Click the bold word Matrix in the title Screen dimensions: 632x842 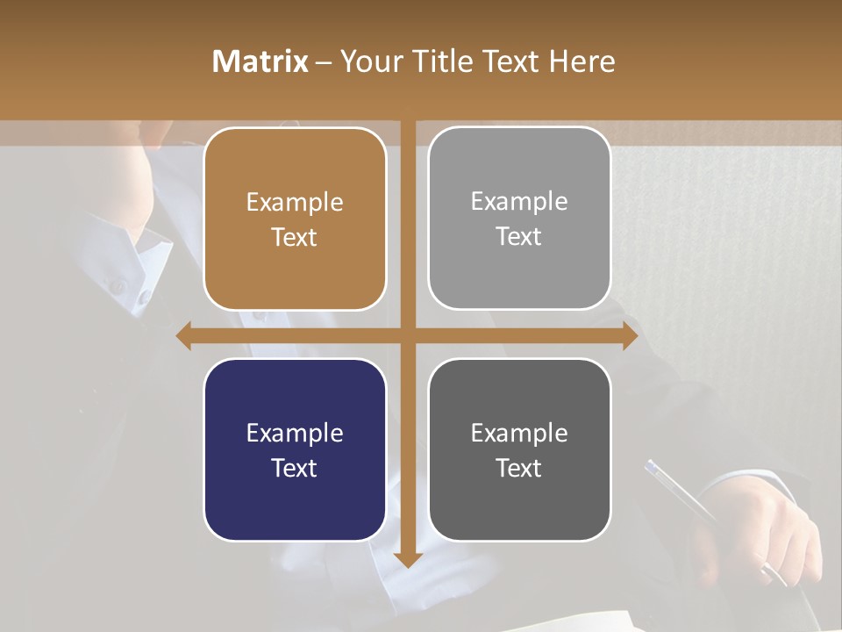260,61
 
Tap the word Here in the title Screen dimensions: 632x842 582,61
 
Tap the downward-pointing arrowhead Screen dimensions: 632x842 408,559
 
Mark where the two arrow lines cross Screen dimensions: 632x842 408,335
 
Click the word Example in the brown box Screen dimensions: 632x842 295,203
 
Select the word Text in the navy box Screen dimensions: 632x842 295,468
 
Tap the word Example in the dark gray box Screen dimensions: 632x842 519,433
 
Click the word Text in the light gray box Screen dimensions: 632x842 519,237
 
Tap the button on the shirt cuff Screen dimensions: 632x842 117,285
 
